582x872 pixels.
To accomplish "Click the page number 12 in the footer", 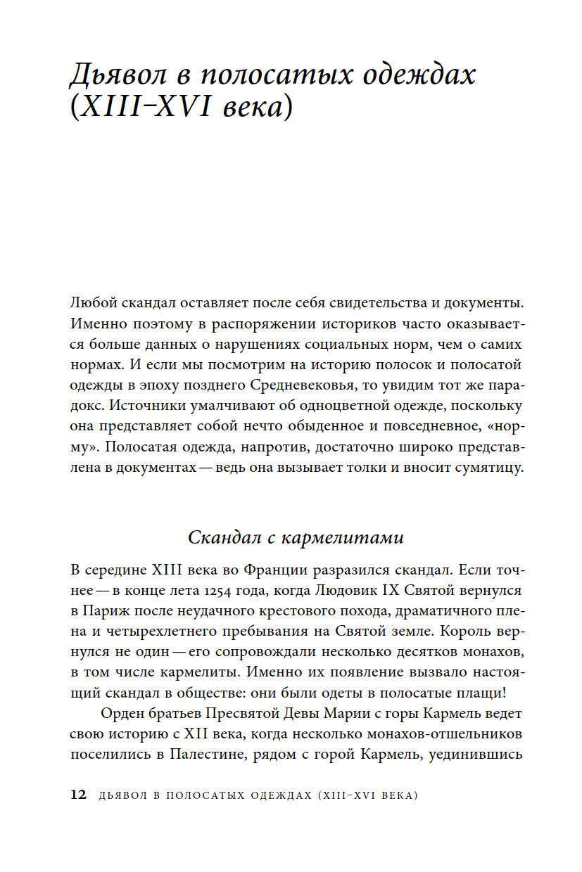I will coord(78,795).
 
